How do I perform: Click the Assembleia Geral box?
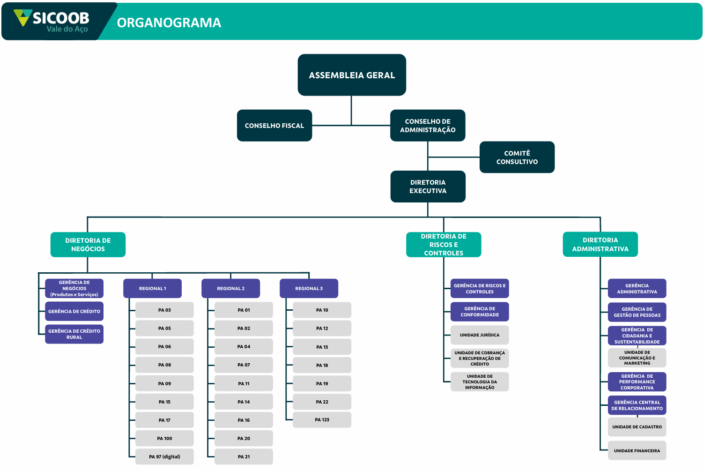(352, 75)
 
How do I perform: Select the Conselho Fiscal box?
(274, 126)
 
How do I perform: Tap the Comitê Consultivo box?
(517, 157)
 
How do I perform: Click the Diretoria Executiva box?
(428, 187)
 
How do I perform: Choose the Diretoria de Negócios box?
(88, 245)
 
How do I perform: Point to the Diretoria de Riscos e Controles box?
(444, 245)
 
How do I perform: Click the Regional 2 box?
(231, 288)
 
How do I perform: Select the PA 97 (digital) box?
(164, 456)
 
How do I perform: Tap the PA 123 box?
(322, 420)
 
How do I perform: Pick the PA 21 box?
(244, 456)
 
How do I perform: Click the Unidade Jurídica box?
(480, 335)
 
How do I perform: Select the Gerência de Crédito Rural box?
(74, 334)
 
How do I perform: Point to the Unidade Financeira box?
(637, 450)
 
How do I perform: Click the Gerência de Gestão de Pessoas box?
(637, 312)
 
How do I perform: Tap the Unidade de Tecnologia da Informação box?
(480, 382)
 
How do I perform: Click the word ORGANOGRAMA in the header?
(169, 22)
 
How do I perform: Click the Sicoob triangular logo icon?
(23, 17)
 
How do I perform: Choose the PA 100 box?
(164, 438)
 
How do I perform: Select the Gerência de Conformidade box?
(480, 312)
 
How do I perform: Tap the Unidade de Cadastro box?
(637, 427)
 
